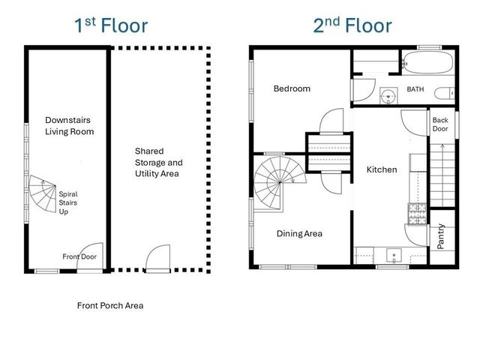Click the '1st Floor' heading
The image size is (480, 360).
point(110,25)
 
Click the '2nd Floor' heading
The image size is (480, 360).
point(352,25)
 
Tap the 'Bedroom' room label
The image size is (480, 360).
point(292,88)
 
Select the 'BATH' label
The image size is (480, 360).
point(415,89)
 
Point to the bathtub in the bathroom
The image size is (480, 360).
point(427,61)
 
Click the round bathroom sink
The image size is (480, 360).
point(388,96)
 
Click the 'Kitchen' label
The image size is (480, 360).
point(381,169)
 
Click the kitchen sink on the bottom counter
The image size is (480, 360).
point(395,256)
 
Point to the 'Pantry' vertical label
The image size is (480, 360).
point(441,237)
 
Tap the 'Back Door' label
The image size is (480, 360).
point(440,124)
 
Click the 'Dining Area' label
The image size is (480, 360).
point(299,234)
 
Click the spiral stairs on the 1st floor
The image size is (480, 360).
point(42,196)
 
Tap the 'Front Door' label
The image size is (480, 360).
point(79,257)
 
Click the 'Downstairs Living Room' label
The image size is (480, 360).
point(69,125)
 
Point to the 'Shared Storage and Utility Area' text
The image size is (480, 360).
point(158,162)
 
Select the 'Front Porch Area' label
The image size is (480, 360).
point(110,306)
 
